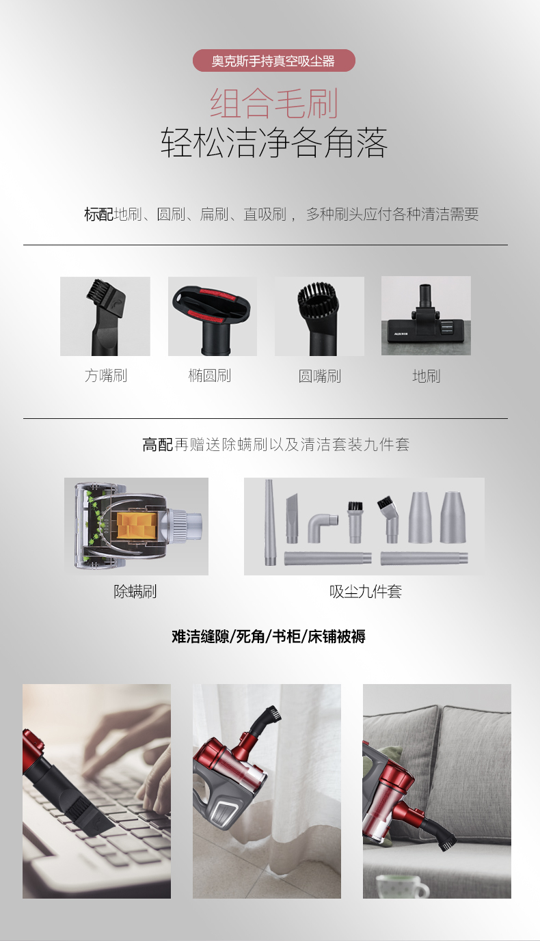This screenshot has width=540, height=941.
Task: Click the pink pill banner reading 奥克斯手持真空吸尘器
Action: [274, 61]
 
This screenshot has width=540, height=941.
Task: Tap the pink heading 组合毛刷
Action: [274, 103]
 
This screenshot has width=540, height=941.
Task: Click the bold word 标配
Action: [98, 215]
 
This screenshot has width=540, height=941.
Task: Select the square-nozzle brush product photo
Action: [105, 316]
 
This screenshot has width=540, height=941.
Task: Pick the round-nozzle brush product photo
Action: [319, 316]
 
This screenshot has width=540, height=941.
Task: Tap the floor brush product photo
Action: [426, 316]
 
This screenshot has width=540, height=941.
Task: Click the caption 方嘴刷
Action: [106, 376]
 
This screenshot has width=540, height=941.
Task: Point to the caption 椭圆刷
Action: [210, 376]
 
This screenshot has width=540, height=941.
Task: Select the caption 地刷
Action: [426, 376]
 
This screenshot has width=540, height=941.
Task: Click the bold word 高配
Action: [158, 444]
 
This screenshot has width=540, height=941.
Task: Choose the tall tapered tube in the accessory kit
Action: [269, 522]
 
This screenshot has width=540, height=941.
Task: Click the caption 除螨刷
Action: [135, 592]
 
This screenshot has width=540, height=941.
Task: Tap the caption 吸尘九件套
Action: [365, 592]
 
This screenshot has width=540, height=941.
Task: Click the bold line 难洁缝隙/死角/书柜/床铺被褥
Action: [269, 636]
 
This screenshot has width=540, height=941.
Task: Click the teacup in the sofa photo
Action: [401, 886]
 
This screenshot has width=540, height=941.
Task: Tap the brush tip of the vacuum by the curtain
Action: [273, 713]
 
